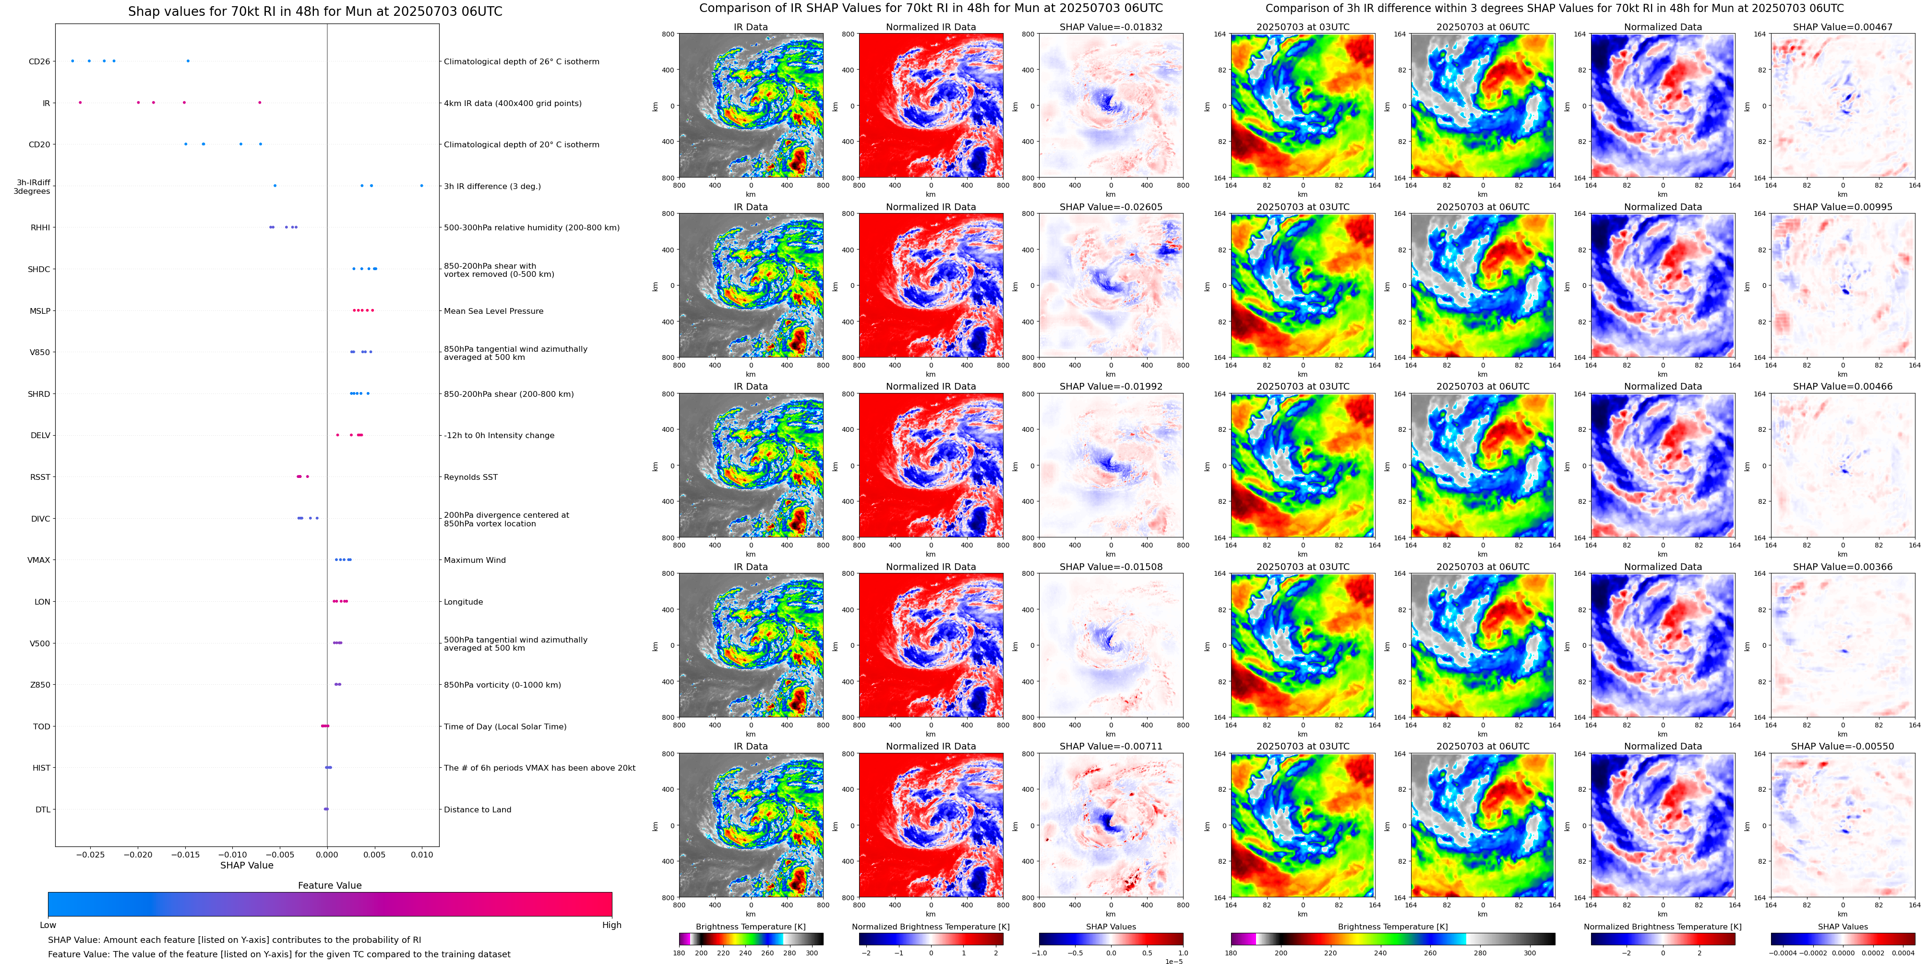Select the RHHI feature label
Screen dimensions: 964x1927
click(40, 227)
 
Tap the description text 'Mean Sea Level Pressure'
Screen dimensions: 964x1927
click(493, 311)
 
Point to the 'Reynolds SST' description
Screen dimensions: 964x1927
click(470, 477)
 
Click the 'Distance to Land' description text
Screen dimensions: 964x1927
click(477, 809)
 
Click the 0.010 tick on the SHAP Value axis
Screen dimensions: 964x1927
click(422, 854)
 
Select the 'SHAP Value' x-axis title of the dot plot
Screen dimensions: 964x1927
click(246, 865)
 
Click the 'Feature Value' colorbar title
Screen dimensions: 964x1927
click(329, 885)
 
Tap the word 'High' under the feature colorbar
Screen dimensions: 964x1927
click(611, 925)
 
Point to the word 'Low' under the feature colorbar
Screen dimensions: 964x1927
click(48, 925)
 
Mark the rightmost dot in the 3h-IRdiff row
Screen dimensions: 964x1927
click(421, 186)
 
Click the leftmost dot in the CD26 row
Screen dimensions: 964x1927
click(72, 60)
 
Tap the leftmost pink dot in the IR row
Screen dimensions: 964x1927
click(80, 103)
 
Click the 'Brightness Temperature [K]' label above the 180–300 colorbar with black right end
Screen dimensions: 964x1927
click(750, 927)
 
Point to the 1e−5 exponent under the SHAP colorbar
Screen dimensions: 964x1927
click(1173, 961)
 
